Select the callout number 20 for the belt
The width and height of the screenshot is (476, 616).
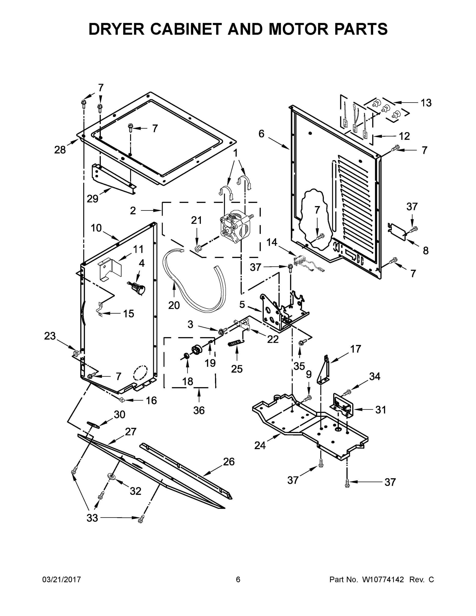174,305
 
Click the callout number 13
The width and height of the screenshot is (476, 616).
426,103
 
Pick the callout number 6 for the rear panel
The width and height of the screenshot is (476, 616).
261,134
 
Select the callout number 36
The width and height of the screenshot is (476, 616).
199,410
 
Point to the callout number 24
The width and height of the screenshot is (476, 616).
260,446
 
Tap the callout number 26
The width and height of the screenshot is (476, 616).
229,461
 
